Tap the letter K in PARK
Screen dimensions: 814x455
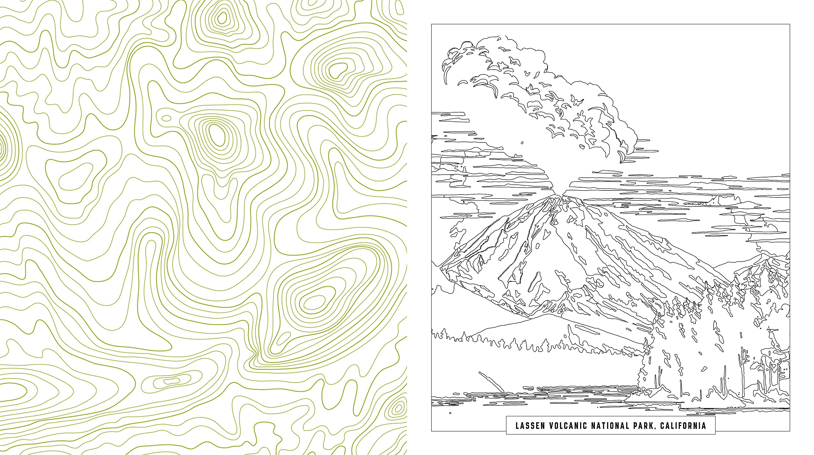652,426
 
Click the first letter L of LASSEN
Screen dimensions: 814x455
518,426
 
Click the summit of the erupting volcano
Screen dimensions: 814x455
563,195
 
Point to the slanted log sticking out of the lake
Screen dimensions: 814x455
490,382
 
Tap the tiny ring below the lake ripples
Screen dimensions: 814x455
450,413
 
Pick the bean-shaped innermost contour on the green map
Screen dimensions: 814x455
338,70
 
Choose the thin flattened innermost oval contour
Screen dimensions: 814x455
171,380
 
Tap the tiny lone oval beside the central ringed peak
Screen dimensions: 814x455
166,118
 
